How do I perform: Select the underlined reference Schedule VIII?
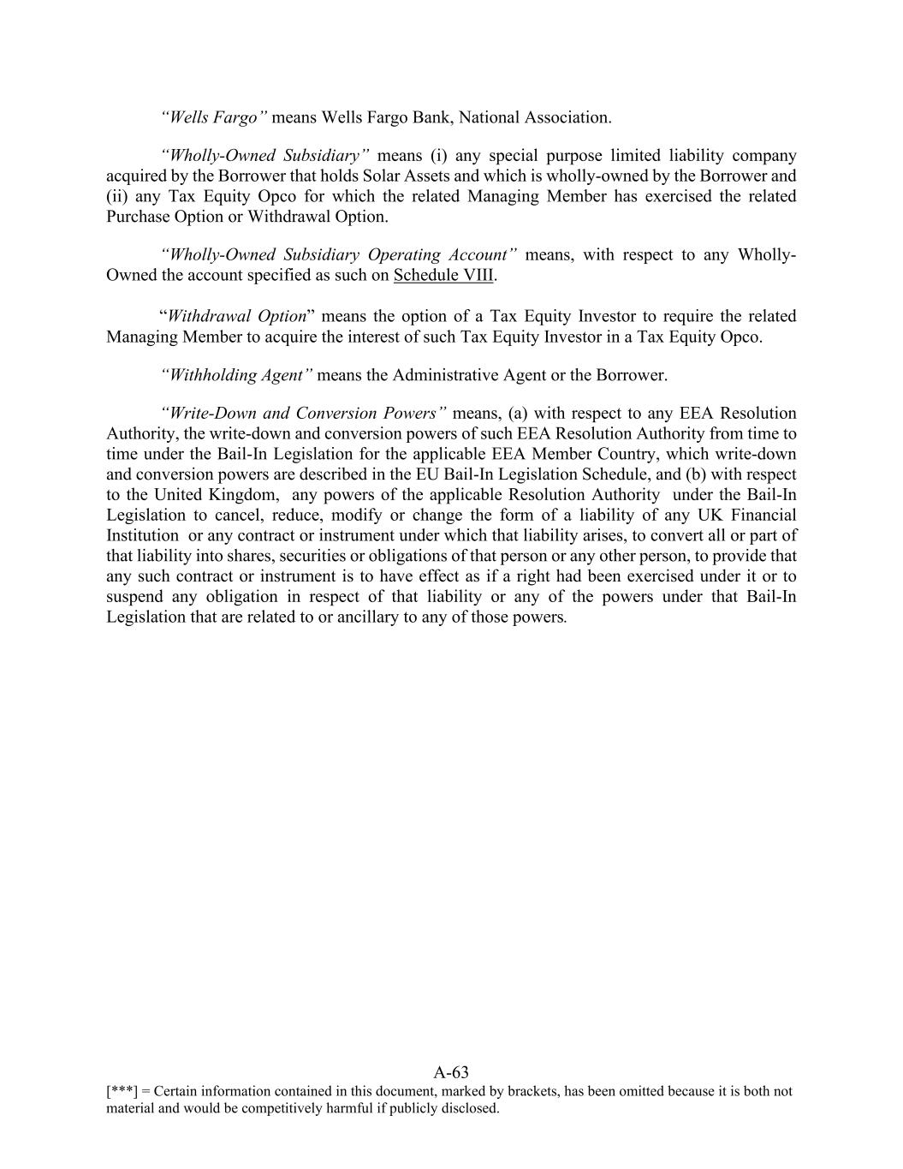(x=443, y=276)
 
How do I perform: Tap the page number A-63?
(x=451, y=1072)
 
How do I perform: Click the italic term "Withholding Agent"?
(x=237, y=375)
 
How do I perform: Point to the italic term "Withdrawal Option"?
(x=237, y=316)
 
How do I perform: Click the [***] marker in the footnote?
(x=122, y=1092)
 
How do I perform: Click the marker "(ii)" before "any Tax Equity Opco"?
(x=117, y=196)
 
